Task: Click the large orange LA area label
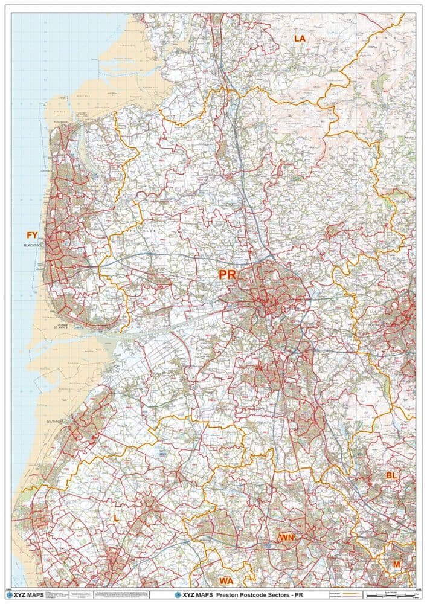[300, 38]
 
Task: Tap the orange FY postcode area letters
[32, 234]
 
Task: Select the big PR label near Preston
[227, 275]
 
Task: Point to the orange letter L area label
[116, 518]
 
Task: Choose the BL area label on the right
[391, 476]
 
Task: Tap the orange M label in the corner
[397, 564]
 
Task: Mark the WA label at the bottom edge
[226, 581]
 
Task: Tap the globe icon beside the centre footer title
[170, 595]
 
